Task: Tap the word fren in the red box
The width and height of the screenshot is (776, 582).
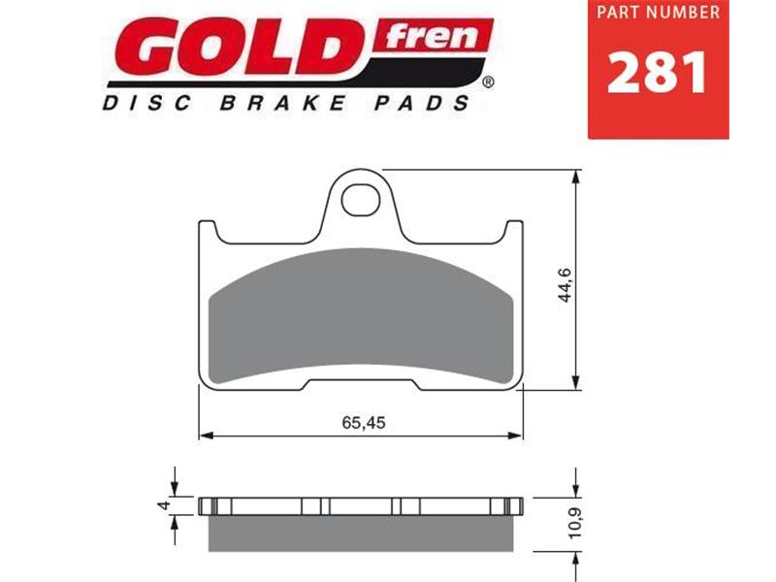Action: click(x=435, y=36)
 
